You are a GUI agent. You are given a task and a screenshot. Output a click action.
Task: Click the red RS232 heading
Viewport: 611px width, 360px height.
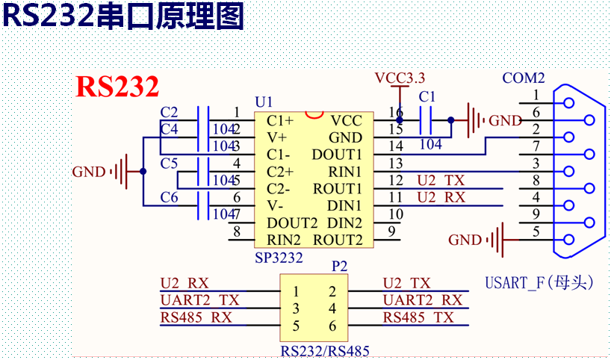pyautogui.click(x=117, y=87)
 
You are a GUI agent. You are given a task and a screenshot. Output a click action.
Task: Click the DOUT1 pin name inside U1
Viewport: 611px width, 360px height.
pyautogui.click(x=337, y=154)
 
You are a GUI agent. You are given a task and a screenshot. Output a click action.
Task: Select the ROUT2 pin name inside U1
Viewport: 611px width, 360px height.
pyautogui.click(x=337, y=240)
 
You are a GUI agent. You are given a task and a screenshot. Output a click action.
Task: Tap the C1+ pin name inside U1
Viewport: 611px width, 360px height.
pyautogui.click(x=280, y=120)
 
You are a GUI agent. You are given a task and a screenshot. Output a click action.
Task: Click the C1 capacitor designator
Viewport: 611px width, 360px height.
pyautogui.click(x=427, y=97)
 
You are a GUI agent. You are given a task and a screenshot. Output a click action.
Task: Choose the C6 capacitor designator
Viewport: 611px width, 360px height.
pyautogui.click(x=170, y=197)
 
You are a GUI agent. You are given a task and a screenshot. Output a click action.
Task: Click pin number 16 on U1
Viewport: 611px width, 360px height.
pyautogui.click(x=396, y=112)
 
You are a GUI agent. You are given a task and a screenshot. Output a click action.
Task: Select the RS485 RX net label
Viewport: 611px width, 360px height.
pyautogui.click(x=196, y=317)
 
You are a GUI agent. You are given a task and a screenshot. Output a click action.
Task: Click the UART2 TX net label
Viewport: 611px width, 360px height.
pyautogui.click(x=199, y=300)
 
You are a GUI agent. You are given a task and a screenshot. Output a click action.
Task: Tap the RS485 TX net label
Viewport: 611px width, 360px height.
pyautogui.click(x=418, y=317)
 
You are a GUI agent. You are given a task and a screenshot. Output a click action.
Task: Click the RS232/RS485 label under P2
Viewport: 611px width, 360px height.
pyautogui.click(x=325, y=350)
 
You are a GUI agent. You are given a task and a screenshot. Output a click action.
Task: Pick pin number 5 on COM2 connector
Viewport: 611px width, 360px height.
pyautogui.click(x=536, y=232)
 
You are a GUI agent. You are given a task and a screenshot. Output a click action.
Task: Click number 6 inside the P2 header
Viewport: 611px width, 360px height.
pyautogui.click(x=332, y=326)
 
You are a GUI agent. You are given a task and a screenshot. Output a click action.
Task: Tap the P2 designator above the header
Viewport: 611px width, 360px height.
pyautogui.click(x=339, y=265)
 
